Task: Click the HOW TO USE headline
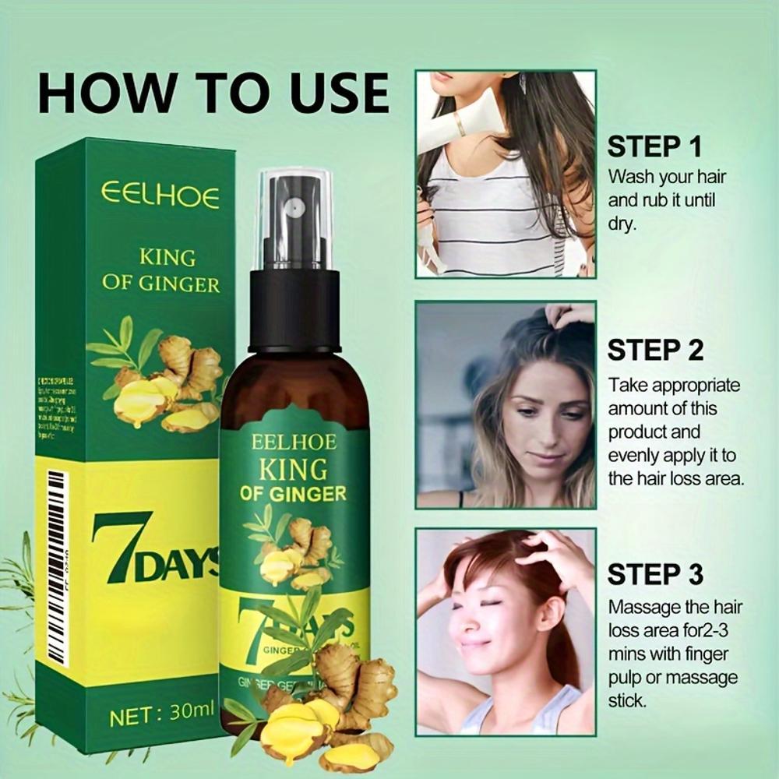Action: (x=213, y=93)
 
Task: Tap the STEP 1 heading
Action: (x=654, y=146)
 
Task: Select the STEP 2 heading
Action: (x=654, y=350)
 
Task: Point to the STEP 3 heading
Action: (x=654, y=574)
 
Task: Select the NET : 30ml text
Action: (x=161, y=716)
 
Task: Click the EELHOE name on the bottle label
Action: (x=294, y=442)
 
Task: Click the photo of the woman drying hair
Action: (x=506, y=174)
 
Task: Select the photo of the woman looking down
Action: (x=506, y=405)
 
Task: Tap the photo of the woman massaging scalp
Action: (x=506, y=631)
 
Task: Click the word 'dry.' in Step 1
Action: (x=622, y=224)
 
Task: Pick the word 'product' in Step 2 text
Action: (x=643, y=432)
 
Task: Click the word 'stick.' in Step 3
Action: (x=627, y=700)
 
